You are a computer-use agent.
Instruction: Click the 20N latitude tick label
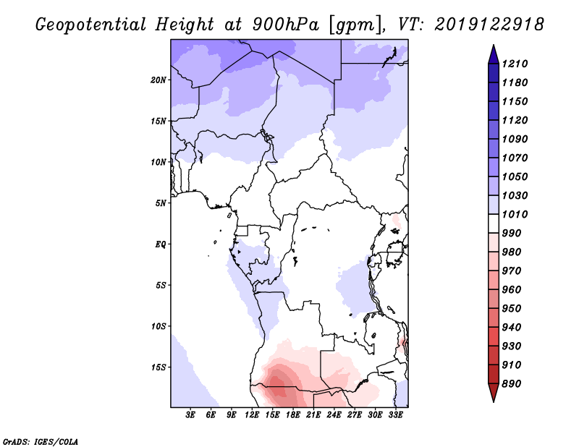pyautogui.click(x=159, y=80)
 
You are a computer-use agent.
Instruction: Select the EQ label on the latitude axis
pyautogui.click(x=160, y=244)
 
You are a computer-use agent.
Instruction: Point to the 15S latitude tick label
pyautogui.click(x=159, y=367)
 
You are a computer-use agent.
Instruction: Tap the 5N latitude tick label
pyautogui.click(x=161, y=203)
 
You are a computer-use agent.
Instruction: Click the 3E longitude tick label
pyautogui.click(x=190, y=415)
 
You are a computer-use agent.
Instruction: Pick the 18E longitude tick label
pyautogui.click(x=293, y=415)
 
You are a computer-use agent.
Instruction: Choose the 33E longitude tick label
pyautogui.click(x=395, y=415)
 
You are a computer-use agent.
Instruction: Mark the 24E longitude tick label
pyautogui.click(x=334, y=415)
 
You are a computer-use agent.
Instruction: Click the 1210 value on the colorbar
pyautogui.click(x=515, y=64)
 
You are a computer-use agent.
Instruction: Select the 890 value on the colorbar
pyautogui.click(x=512, y=383)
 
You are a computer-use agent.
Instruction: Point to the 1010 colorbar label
pyautogui.click(x=515, y=214)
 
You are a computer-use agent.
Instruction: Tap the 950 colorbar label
pyautogui.click(x=512, y=308)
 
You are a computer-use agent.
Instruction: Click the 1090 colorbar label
pyautogui.click(x=515, y=139)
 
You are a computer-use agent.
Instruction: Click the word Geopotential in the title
pyautogui.click(x=91, y=25)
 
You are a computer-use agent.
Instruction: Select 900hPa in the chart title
pyautogui.click(x=285, y=25)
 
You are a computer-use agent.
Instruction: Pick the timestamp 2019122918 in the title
pyautogui.click(x=489, y=25)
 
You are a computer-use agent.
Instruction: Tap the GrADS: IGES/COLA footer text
pyautogui.click(x=41, y=441)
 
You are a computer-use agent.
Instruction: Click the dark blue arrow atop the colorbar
pyautogui.click(x=494, y=55)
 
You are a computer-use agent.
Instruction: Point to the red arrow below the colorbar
pyautogui.click(x=494, y=392)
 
